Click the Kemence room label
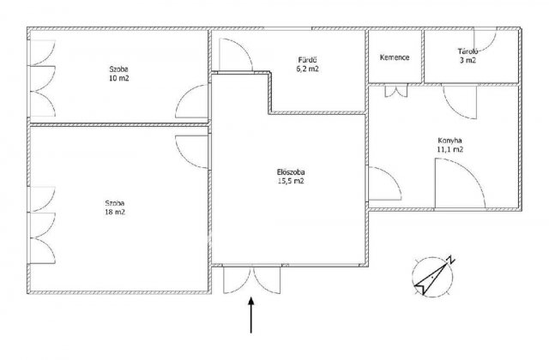395,57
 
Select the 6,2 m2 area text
307,69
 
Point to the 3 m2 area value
468,60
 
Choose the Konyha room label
449,141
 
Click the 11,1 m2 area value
449,149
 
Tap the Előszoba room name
291,172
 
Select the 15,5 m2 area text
291,181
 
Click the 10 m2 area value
119,78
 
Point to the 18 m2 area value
115,212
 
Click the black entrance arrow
251,315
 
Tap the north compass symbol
433,276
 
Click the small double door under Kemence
396,91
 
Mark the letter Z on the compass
450,260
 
